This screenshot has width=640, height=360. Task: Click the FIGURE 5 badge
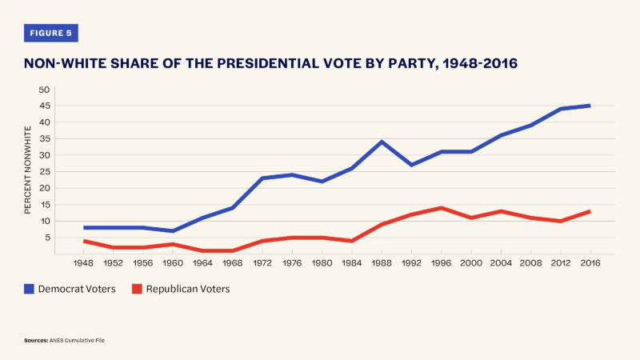click(x=51, y=33)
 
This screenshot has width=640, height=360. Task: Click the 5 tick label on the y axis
click(x=46, y=238)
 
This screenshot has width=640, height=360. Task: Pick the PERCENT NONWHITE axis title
click(x=27, y=168)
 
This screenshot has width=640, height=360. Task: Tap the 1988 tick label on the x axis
click(x=382, y=262)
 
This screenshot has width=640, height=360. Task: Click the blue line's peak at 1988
click(x=382, y=142)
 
